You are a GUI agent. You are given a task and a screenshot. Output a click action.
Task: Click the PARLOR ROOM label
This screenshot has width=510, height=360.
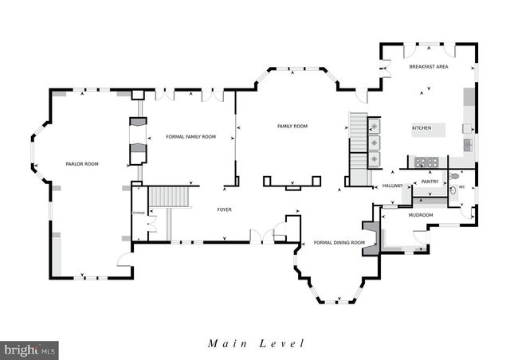82,163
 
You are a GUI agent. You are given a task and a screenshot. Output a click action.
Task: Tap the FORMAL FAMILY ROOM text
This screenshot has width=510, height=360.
190,137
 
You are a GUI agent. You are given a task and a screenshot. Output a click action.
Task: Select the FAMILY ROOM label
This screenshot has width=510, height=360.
292,127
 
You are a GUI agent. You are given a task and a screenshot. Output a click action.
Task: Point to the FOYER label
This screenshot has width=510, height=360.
225,209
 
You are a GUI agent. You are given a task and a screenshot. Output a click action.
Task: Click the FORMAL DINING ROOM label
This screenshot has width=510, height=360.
339,242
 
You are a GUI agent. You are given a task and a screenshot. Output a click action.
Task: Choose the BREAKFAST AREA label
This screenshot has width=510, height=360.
429,67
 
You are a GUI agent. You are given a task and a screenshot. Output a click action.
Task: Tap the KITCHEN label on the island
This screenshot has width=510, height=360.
421,128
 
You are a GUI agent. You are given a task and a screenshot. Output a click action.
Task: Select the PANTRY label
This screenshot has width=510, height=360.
430,182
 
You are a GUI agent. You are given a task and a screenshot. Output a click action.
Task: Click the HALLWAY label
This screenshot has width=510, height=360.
392,186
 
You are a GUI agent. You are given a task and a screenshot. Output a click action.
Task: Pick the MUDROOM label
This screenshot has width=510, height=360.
420,215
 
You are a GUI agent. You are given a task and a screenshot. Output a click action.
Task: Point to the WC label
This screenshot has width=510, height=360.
461,188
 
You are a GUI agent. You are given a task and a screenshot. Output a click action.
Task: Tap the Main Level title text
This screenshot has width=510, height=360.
256,344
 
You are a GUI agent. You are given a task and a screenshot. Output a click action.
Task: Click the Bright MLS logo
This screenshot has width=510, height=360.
30,349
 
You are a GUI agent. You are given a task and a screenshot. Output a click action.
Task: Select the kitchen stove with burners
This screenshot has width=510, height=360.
424,162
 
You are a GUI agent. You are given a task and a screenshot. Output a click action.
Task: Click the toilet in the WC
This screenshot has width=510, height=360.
454,177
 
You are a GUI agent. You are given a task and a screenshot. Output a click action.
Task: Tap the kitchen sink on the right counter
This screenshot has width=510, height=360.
468,144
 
